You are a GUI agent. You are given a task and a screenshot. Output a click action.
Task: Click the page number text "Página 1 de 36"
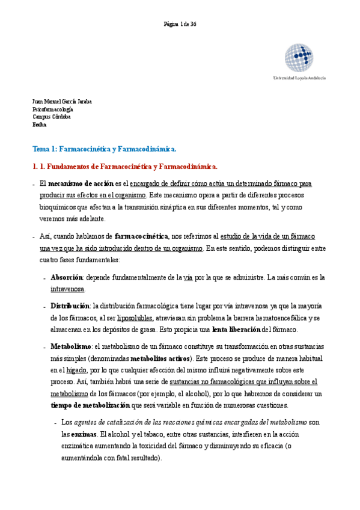(x=180, y=23)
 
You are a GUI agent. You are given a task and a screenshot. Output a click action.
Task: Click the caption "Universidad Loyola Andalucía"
(x=299, y=78)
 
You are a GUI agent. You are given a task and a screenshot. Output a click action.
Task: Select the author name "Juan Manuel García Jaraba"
(x=62, y=102)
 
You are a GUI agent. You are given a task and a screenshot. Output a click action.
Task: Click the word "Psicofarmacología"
(x=53, y=109)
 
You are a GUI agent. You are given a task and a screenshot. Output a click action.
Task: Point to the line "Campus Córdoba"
(x=52, y=117)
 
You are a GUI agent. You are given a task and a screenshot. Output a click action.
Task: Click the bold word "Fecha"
(x=39, y=125)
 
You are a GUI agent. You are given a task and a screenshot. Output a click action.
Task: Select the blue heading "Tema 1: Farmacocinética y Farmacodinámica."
(x=104, y=149)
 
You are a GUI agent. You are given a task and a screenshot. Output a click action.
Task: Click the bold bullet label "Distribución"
(x=71, y=307)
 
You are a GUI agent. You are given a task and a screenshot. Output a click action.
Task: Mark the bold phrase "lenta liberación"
(x=236, y=330)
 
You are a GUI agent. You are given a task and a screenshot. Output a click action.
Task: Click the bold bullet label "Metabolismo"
(x=71, y=348)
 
